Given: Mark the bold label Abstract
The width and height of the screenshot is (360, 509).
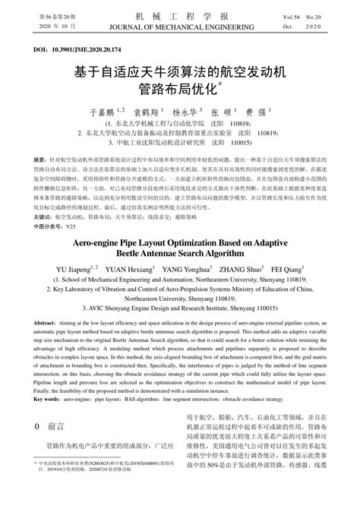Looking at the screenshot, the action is coord(49,323).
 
